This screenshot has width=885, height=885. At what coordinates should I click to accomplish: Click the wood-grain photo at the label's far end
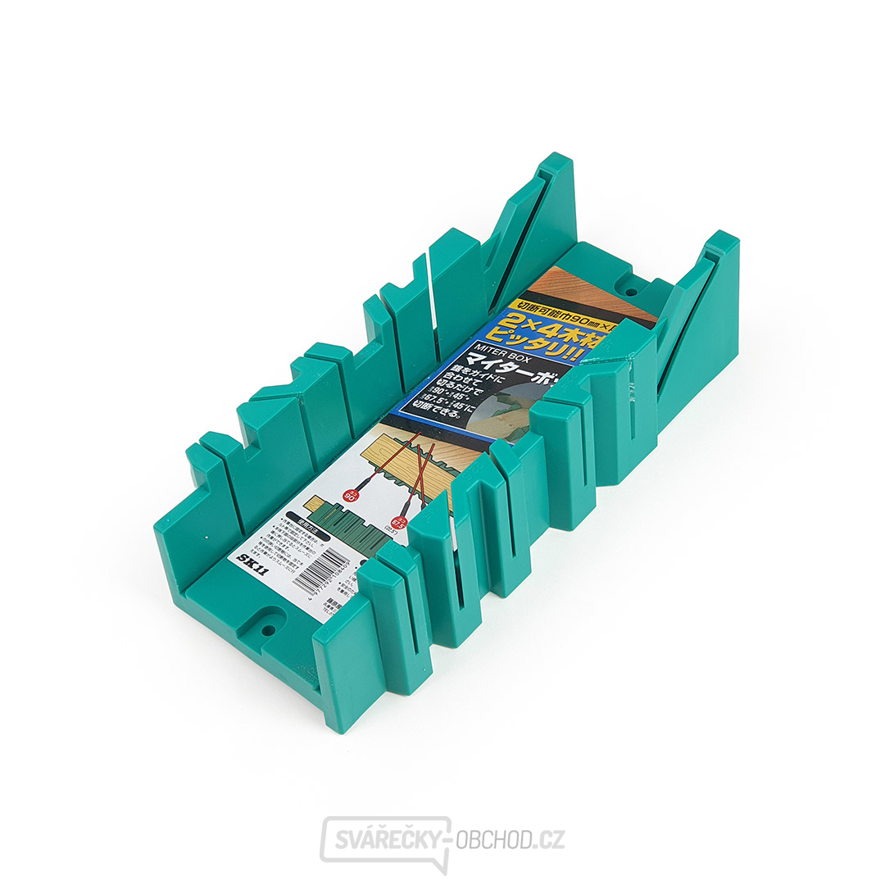(x=574, y=289)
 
